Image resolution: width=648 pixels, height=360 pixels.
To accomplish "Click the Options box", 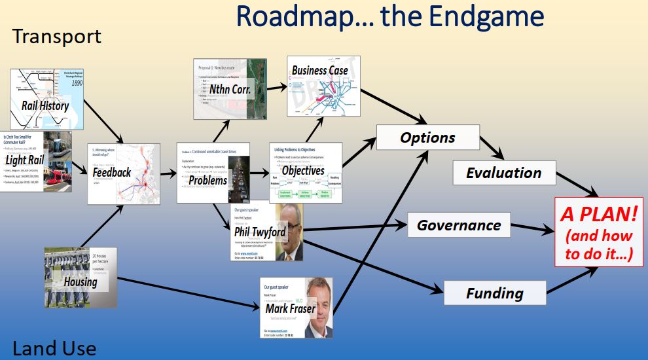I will tap(427, 138).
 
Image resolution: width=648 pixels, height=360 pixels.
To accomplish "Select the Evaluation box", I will tap(503, 173).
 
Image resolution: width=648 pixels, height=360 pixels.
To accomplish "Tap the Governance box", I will tap(458, 225).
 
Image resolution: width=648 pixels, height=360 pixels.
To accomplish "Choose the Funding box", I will tap(494, 293).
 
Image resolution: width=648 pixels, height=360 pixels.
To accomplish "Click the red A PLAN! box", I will tap(599, 230).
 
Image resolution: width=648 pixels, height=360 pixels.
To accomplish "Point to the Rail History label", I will tap(45, 105).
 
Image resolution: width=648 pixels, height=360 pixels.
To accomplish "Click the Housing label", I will tap(81, 282).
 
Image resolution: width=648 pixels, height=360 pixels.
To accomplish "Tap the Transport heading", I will tap(57, 36).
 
